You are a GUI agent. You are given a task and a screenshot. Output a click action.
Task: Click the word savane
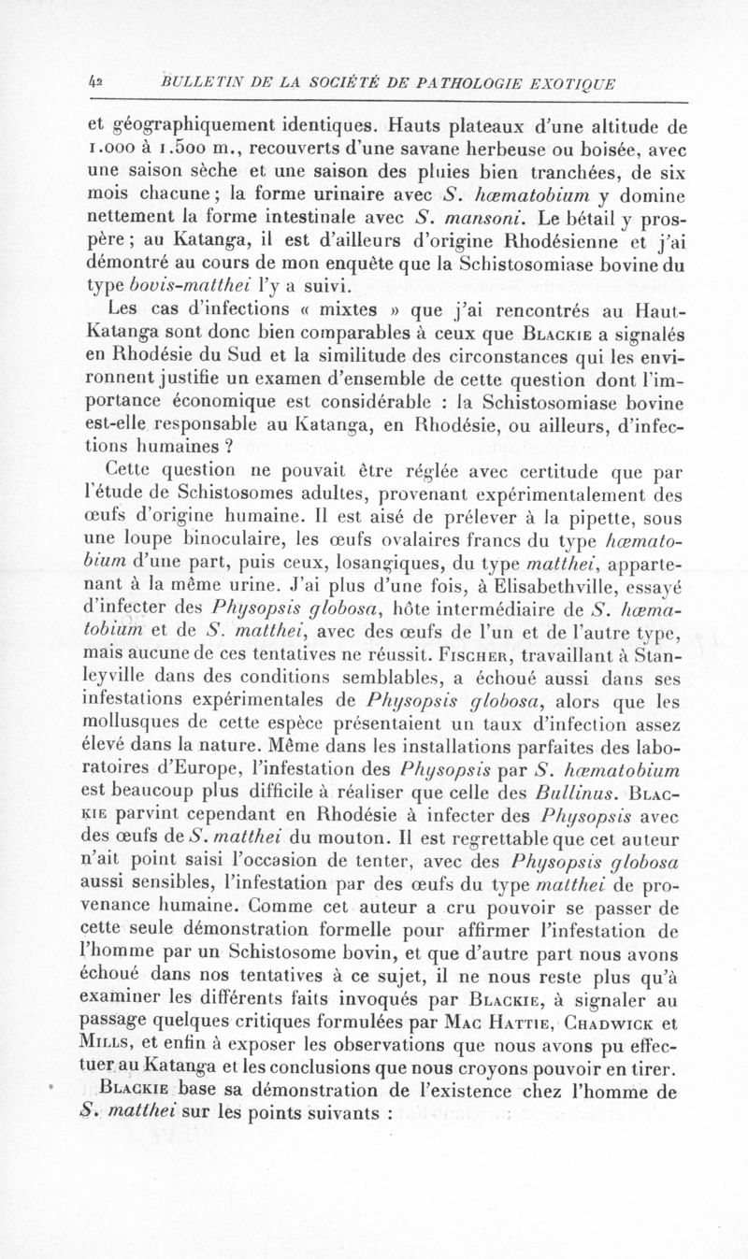click(426, 148)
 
